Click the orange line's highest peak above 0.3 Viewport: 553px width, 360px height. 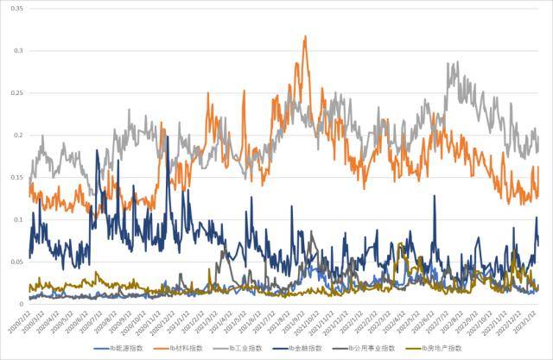coord(305,37)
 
